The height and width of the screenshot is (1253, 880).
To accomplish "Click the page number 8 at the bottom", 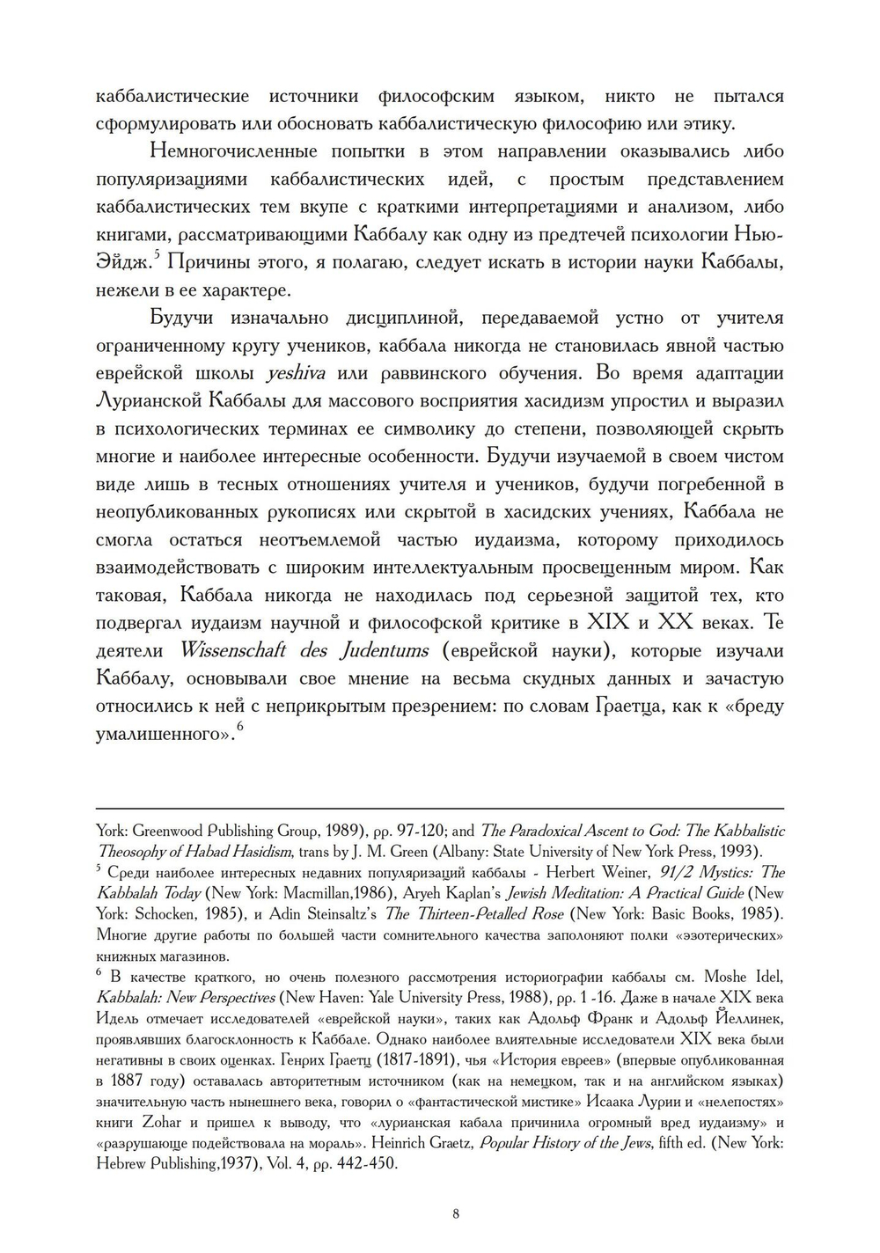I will (455, 1215).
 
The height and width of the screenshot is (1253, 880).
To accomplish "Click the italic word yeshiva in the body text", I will (296, 373).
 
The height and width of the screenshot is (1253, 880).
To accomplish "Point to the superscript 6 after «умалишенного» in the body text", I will (238, 727).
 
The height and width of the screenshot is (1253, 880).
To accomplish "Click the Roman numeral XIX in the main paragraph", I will (608, 623).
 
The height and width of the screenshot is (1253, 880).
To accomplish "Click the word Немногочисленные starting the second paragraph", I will (233, 151).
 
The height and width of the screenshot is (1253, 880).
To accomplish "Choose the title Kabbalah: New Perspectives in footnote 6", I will (184, 998).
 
